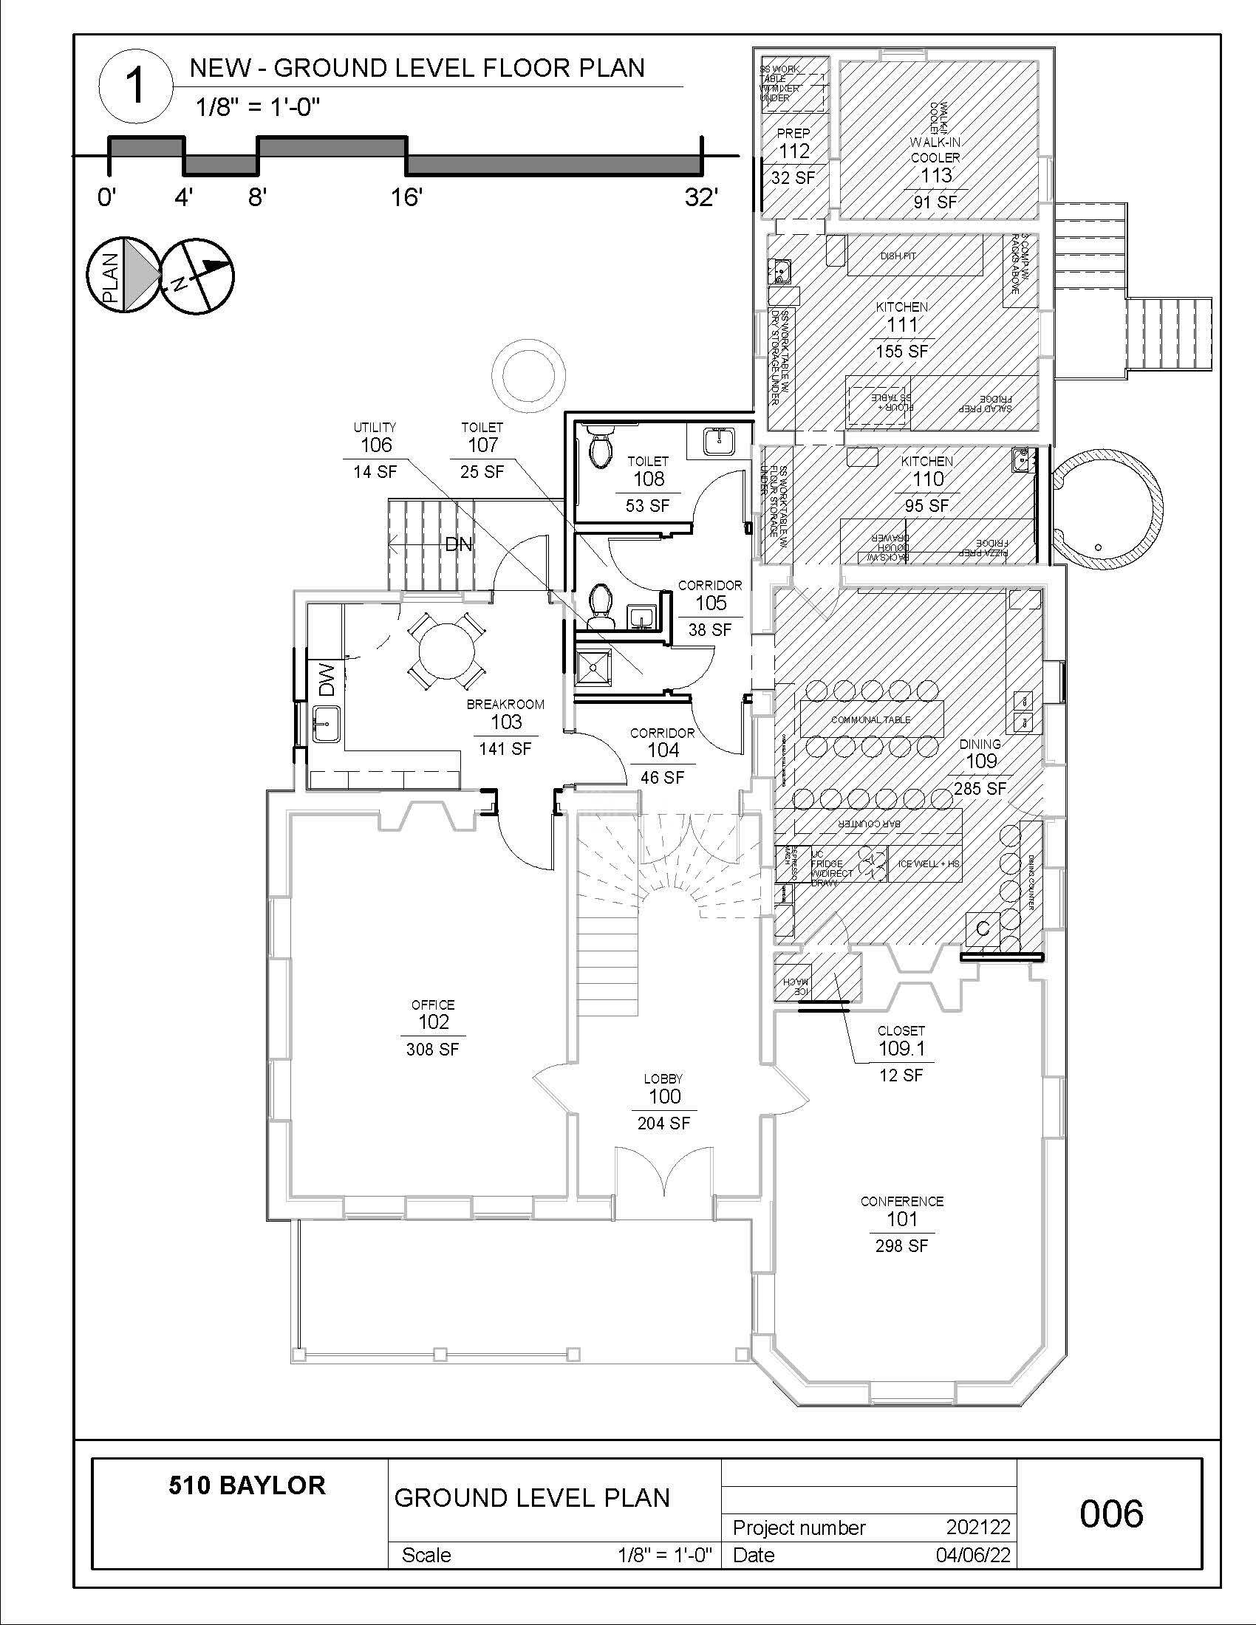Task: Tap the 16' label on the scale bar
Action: click(x=406, y=198)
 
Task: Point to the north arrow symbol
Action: click(x=197, y=275)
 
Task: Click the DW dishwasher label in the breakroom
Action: click(x=327, y=680)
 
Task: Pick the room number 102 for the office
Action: click(x=433, y=1022)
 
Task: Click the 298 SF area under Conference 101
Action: click(x=902, y=1245)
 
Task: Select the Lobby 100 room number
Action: click(x=663, y=1096)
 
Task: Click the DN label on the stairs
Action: click(x=458, y=544)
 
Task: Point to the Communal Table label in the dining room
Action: click(x=870, y=719)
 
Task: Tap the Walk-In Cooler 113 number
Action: click(x=935, y=175)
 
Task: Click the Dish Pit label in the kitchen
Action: click(x=898, y=256)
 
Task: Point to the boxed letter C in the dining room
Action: click(x=982, y=928)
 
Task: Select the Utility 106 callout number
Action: click(x=376, y=445)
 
